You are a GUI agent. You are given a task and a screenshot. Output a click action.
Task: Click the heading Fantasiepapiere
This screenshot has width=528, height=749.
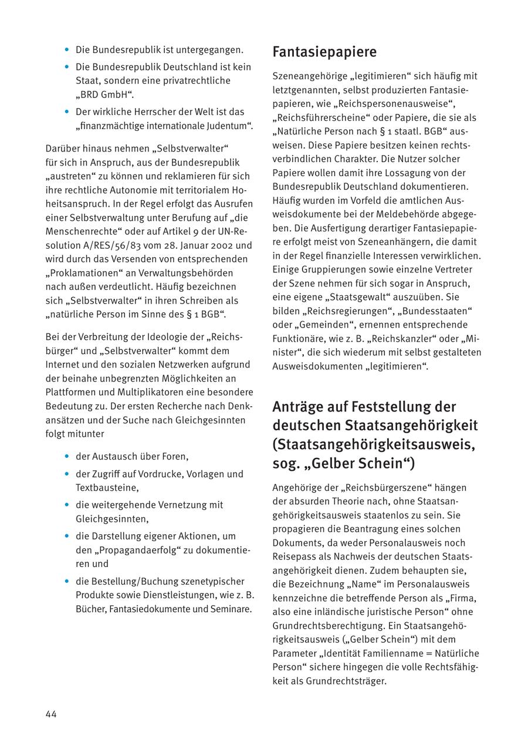pyautogui.click(x=324, y=52)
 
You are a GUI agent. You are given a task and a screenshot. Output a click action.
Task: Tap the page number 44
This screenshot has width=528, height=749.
pyautogui.click(x=51, y=714)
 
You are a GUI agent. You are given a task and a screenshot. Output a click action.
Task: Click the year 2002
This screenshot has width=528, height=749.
pyautogui.click(x=221, y=245)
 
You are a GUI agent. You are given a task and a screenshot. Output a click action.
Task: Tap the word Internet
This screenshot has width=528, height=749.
pyautogui.click(x=65, y=365)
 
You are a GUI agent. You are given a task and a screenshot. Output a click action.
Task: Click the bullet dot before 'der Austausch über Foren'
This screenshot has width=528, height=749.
pyautogui.click(x=67, y=456)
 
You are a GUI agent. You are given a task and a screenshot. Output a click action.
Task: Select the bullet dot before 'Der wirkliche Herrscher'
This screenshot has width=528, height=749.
pyautogui.click(x=67, y=112)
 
